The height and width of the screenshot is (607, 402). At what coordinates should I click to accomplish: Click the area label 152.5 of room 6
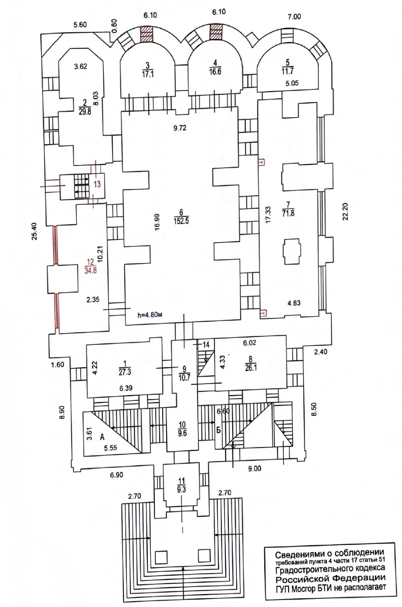[181, 221]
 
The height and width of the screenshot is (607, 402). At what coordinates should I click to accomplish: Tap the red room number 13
[97, 184]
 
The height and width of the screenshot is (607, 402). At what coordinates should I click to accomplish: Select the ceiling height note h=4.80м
[150, 315]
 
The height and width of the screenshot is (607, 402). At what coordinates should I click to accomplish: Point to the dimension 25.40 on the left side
[34, 231]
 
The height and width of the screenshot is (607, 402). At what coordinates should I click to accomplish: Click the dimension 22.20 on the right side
[345, 212]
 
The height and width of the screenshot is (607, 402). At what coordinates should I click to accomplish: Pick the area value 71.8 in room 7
[288, 213]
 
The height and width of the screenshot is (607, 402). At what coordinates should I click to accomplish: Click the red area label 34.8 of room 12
[91, 270]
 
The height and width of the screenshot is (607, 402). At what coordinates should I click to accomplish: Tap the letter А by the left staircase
[102, 437]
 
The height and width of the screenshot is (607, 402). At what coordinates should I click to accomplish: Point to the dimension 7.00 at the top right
[294, 17]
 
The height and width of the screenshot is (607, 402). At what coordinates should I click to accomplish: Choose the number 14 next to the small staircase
[206, 344]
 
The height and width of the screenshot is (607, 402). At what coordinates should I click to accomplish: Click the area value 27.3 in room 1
[125, 372]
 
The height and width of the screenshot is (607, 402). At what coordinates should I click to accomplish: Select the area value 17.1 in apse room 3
[147, 74]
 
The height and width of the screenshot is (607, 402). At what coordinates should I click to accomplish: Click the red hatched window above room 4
[216, 33]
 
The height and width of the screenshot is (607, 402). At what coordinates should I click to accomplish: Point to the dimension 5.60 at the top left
[80, 25]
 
